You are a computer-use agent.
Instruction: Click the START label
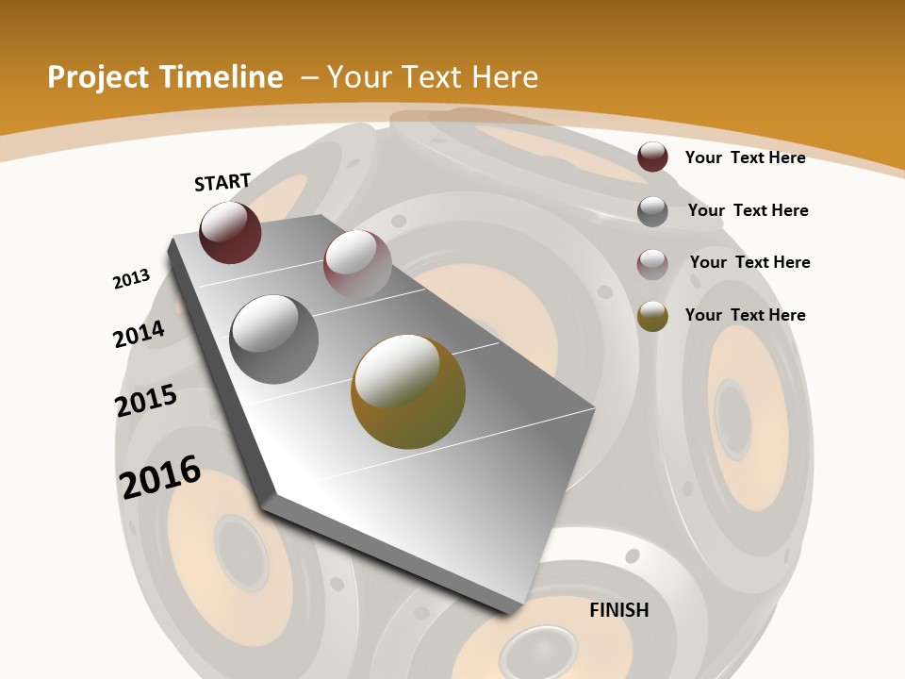[222, 182]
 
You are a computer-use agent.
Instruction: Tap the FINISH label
[619, 610]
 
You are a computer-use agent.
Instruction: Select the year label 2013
[131, 279]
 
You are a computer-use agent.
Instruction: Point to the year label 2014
[139, 334]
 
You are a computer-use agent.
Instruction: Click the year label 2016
[160, 476]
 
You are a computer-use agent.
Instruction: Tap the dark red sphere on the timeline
[230, 232]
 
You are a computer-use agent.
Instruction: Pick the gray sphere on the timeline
[274, 339]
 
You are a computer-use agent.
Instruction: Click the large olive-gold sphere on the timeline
[408, 391]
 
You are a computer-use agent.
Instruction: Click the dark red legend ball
[652, 157]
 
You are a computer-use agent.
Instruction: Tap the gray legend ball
[652, 210]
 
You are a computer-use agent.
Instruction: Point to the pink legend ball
[652, 263]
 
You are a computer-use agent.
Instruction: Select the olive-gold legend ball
[652, 316]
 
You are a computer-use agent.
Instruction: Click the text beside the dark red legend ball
[745, 157]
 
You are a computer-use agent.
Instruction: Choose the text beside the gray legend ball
[748, 210]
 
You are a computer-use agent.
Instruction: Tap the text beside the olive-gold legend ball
[745, 315]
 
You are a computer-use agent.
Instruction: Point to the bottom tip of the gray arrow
[510, 612]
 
